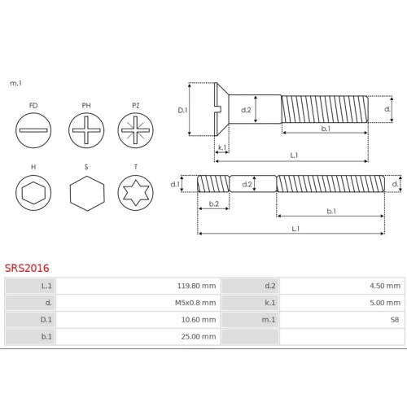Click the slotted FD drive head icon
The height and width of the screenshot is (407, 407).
tap(33, 130)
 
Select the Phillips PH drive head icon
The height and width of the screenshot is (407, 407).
tap(86, 130)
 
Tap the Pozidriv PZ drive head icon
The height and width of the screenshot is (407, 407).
tap(135, 130)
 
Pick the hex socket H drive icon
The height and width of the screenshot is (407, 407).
tap(33, 193)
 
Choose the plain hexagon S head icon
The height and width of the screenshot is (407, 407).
tap(87, 193)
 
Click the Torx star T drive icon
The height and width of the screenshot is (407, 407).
tap(135, 193)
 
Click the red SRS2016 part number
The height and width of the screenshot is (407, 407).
tap(27, 268)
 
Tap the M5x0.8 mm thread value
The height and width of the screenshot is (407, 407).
tap(195, 303)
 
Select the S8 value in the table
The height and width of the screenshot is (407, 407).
tap(395, 320)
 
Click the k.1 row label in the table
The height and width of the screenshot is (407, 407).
tap(270, 303)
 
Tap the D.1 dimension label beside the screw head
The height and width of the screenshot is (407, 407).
tap(182, 110)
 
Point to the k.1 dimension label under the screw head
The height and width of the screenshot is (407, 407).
tap(222, 147)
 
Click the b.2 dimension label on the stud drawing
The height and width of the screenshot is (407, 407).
tap(214, 203)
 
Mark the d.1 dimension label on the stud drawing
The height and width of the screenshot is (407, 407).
tap(175, 184)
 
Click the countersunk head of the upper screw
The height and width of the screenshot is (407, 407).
tap(221, 109)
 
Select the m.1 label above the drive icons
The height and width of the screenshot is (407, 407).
tap(15, 83)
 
